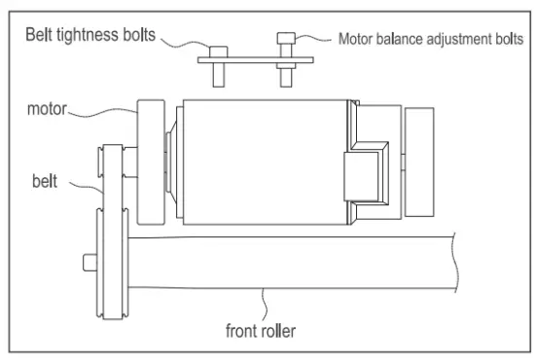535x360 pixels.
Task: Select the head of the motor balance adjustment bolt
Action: point(286,39)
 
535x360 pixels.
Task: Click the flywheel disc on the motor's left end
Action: point(151,160)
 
